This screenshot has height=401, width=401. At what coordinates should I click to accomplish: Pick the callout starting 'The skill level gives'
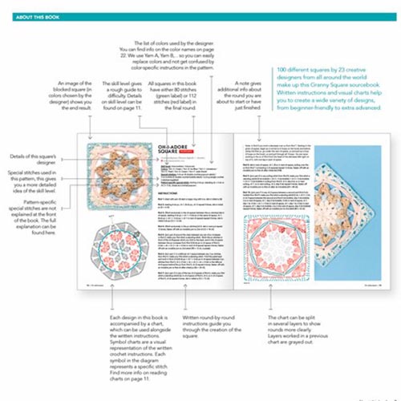point(123,113)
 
